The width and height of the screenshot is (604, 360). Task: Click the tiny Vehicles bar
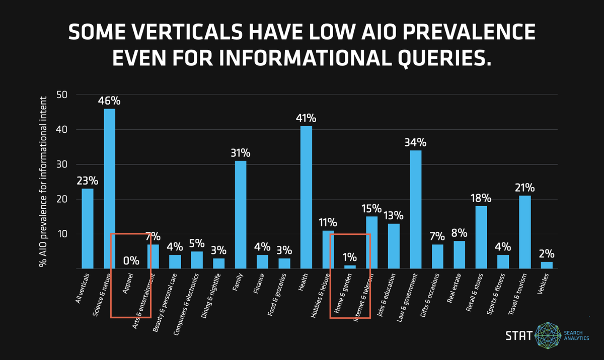point(547,265)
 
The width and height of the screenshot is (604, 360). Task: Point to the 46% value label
point(109,101)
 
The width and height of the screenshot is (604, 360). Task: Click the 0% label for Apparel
point(131,260)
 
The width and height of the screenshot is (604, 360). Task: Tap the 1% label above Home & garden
point(349,256)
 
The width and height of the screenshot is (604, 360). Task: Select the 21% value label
point(525,188)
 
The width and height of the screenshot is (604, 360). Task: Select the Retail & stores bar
point(481,237)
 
